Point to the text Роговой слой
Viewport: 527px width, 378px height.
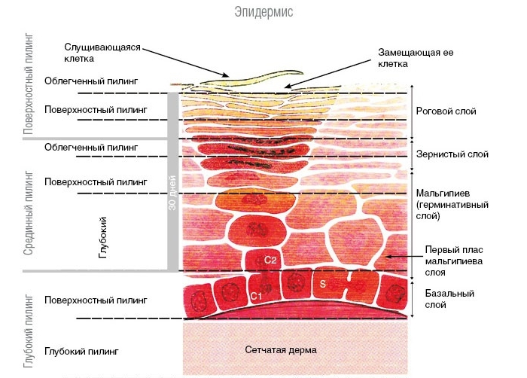point(446,111)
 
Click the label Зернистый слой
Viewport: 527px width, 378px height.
point(452,154)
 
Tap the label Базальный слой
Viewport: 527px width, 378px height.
point(443,300)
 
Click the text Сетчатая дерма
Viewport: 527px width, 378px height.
point(281,350)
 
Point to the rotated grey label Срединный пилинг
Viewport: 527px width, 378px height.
point(29,211)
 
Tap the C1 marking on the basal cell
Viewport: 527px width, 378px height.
point(256,296)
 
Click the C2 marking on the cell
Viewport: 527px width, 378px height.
point(271,260)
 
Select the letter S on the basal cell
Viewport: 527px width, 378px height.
point(323,285)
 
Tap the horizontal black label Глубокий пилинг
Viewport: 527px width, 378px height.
point(82,350)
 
